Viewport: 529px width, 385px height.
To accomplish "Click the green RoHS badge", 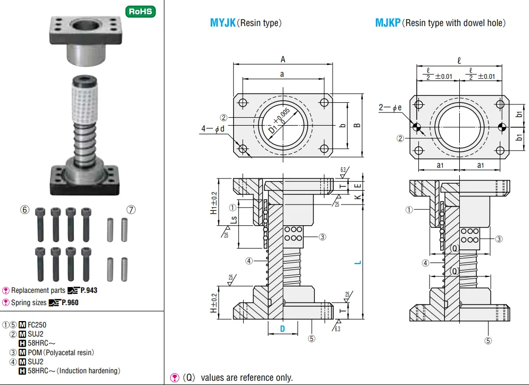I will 140,12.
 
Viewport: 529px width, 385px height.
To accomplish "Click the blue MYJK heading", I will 222,23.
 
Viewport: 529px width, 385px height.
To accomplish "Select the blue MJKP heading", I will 387,23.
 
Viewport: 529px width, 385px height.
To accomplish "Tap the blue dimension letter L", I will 358,262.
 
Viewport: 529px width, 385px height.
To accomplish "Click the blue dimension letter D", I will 283,329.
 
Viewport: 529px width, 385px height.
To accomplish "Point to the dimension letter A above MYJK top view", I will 283,60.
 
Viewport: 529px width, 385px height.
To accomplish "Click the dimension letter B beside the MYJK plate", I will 358,126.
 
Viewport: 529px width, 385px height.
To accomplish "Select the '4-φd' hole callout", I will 213,128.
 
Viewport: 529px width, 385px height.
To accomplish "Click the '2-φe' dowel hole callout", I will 390,108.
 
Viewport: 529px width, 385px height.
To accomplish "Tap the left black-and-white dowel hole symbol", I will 417,127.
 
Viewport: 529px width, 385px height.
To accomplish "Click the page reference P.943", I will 88,290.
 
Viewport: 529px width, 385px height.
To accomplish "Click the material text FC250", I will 37,324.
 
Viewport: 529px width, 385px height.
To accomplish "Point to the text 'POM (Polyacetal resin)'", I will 61,353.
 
